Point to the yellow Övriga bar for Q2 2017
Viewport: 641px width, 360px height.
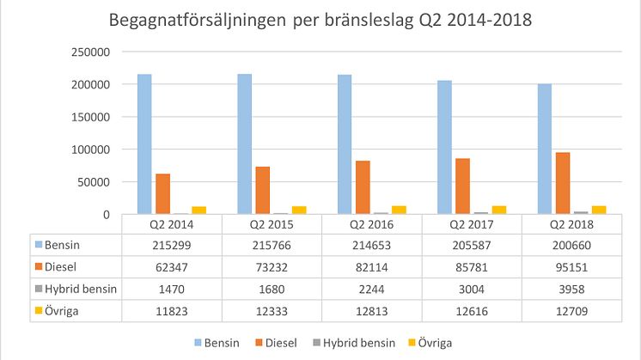(x=498, y=210)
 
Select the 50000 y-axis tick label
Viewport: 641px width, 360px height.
(x=95, y=182)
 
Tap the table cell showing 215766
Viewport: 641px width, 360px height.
(x=272, y=246)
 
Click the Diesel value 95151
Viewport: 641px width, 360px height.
(x=571, y=268)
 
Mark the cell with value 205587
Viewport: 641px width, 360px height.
(x=472, y=246)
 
